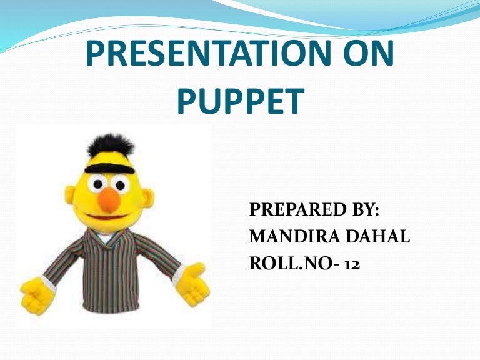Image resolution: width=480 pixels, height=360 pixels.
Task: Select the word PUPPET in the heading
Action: click(240, 102)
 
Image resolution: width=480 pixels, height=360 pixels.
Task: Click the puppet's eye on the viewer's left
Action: click(97, 184)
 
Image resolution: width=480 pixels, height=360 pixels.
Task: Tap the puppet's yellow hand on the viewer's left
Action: click(36, 294)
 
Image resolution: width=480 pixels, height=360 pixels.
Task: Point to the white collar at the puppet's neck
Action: click(111, 236)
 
